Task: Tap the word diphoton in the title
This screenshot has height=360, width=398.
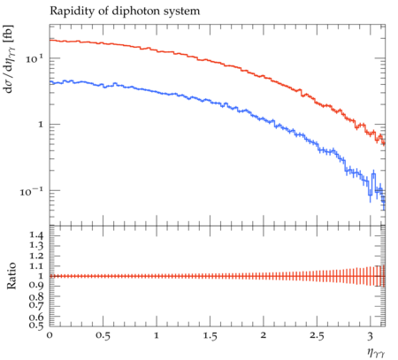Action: point(138,11)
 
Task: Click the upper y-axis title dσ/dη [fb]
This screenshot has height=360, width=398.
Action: point(9,58)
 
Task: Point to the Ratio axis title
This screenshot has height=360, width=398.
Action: point(11,276)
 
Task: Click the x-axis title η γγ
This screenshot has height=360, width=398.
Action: point(376,352)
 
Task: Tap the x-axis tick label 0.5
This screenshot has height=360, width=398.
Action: point(103,335)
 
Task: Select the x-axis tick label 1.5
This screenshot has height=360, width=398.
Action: point(210,335)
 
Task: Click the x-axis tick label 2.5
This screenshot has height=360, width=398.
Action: point(317,335)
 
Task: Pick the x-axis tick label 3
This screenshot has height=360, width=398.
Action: point(371,335)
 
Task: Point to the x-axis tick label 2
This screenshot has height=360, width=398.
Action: point(264,335)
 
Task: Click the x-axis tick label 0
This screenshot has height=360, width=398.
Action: point(50,335)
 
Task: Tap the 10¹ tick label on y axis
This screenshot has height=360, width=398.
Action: point(34,58)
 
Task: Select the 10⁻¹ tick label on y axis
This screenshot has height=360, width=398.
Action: point(32,191)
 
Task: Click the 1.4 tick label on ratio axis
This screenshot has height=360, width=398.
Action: point(36,235)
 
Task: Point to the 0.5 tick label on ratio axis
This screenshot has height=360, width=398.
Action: point(36,325)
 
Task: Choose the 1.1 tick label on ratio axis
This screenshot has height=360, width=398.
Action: point(36,266)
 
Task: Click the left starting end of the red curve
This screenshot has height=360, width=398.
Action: point(50,40)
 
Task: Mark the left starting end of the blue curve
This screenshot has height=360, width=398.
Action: point(50,82)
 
